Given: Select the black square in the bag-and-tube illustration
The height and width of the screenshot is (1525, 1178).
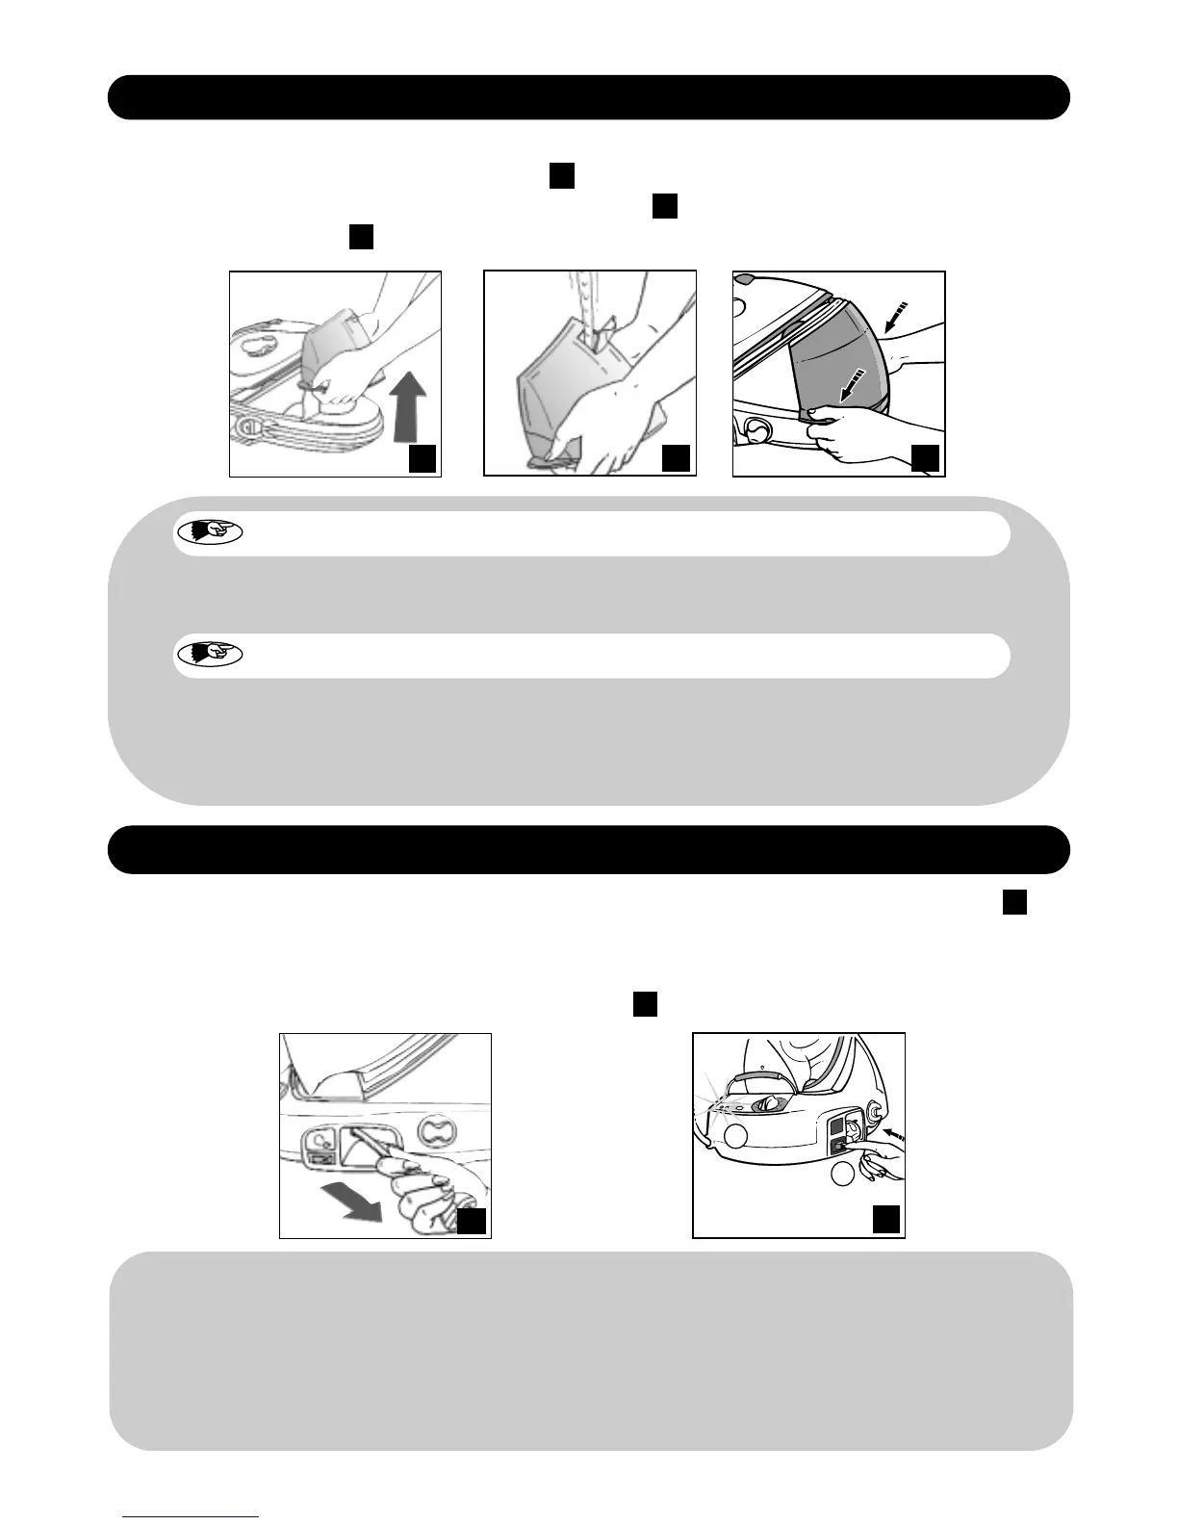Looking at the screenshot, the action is [x=678, y=459].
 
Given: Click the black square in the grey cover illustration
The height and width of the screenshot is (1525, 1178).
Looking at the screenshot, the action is [x=925, y=459].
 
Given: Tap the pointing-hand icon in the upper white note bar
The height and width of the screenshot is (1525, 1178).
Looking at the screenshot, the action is [x=210, y=531].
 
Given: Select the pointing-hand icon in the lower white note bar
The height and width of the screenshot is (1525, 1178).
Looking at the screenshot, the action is [x=210, y=655].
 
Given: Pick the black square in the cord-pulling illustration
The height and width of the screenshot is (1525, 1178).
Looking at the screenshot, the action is [x=471, y=1222].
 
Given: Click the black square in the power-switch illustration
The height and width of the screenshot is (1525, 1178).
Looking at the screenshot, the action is [x=886, y=1220].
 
